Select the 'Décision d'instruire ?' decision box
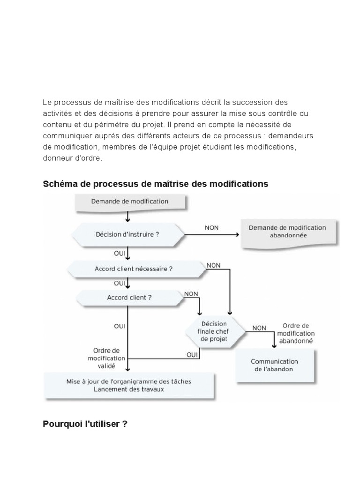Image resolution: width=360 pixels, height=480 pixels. tap(127, 234)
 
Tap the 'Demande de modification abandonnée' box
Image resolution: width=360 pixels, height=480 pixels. tap(287, 232)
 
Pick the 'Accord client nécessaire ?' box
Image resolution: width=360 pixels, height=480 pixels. tap(134, 269)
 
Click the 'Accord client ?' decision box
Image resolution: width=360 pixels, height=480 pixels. tap(129, 297)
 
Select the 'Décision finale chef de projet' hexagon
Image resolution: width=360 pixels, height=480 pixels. tap(214, 331)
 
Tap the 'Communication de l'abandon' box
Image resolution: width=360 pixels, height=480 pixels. tap(274, 365)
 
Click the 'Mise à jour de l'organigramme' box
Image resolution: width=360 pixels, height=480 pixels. tap(129, 385)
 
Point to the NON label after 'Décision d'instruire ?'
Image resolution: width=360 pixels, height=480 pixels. tap(212, 228)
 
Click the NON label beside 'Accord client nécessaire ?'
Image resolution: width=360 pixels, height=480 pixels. tap(213, 265)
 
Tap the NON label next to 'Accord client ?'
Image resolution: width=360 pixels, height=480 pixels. tap(191, 294)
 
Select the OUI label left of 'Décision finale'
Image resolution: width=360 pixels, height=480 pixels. tap(192, 355)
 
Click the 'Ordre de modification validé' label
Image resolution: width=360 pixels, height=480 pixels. tap(107, 358)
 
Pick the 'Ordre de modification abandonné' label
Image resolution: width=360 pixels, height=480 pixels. tap(296, 333)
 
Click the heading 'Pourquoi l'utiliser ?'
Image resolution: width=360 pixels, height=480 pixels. tap(85, 424)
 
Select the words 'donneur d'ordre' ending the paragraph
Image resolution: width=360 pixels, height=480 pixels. tap(71, 158)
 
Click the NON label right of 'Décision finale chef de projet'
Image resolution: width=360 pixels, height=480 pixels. tap(259, 328)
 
